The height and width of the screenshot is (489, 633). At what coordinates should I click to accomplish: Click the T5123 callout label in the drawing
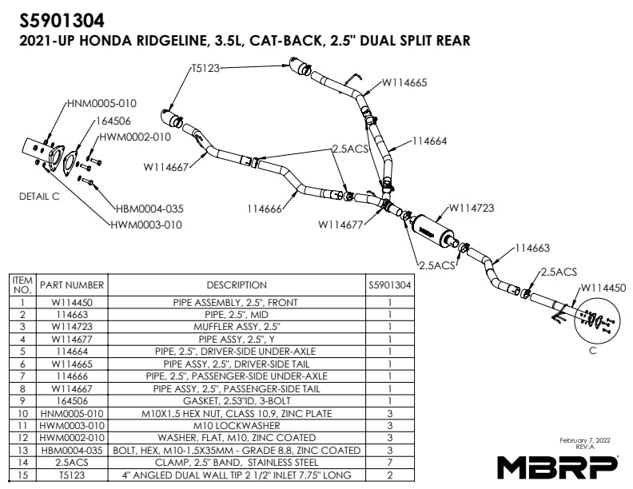[x=205, y=69]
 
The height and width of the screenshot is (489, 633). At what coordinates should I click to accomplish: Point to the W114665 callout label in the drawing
[x=404, y=81]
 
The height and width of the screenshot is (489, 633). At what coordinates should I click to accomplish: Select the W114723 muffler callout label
[x=472, y=208]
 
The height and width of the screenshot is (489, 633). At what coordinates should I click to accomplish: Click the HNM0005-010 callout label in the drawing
[x=102, y=103]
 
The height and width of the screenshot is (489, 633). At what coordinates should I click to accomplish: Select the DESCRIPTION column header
[x=237, y=284]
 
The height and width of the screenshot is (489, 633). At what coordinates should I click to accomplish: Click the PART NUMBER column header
[x=73, y=284]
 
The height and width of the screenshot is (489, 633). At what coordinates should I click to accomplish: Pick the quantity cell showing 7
[x=388, y=462]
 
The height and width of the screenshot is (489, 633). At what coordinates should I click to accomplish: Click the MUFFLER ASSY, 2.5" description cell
[x=237, y=326]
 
